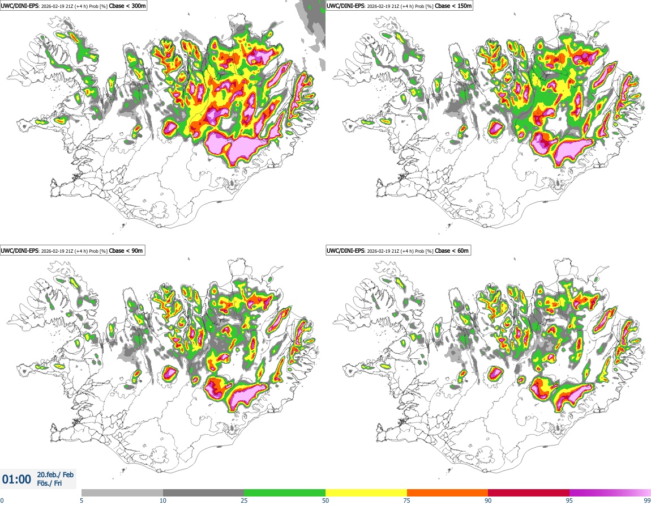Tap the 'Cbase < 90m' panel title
click(x=127, y=251)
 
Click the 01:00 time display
click(x=17, y=479)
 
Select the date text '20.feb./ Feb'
click(x=55, y=475)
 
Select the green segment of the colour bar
click(x=285, y=493)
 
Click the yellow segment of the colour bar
click(x=366, y=493)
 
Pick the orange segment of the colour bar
click(x=447, y=493)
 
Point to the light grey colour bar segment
click(x=122, y=493)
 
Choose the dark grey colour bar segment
click(x=203, y=493)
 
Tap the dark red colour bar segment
click(x=529, y=493)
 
